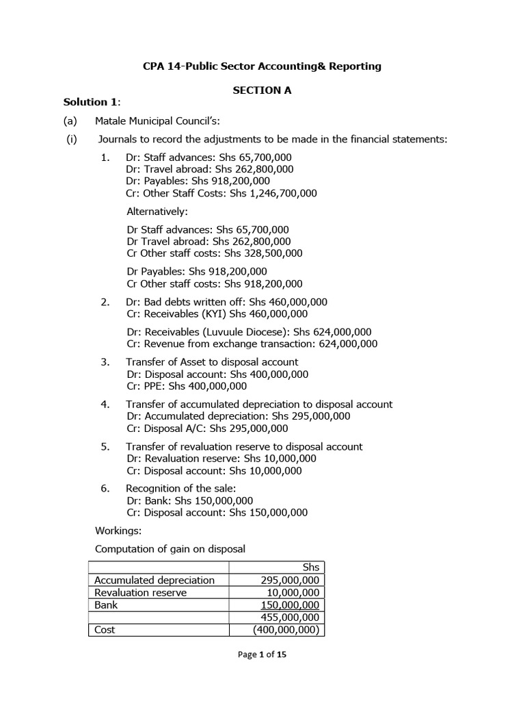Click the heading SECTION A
[262, 90]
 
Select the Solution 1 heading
[92, 102]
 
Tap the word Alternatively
[157, 212]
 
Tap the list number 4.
[105, 404]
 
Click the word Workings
[118, 530]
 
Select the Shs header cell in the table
[310, 568]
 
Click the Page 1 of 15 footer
[262, 654]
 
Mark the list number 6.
[105, 488]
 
